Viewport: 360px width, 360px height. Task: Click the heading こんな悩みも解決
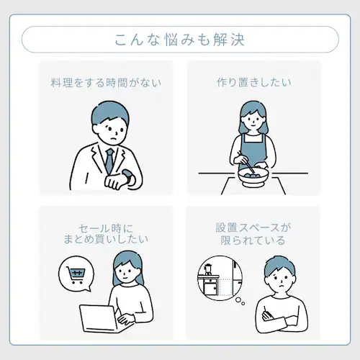click(x=180, y=39)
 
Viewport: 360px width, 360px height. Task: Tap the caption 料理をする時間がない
click(x=105, y=82)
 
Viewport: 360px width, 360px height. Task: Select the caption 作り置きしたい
click(x=254, y=82)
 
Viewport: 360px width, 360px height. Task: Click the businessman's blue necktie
click(x=109, y=159)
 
